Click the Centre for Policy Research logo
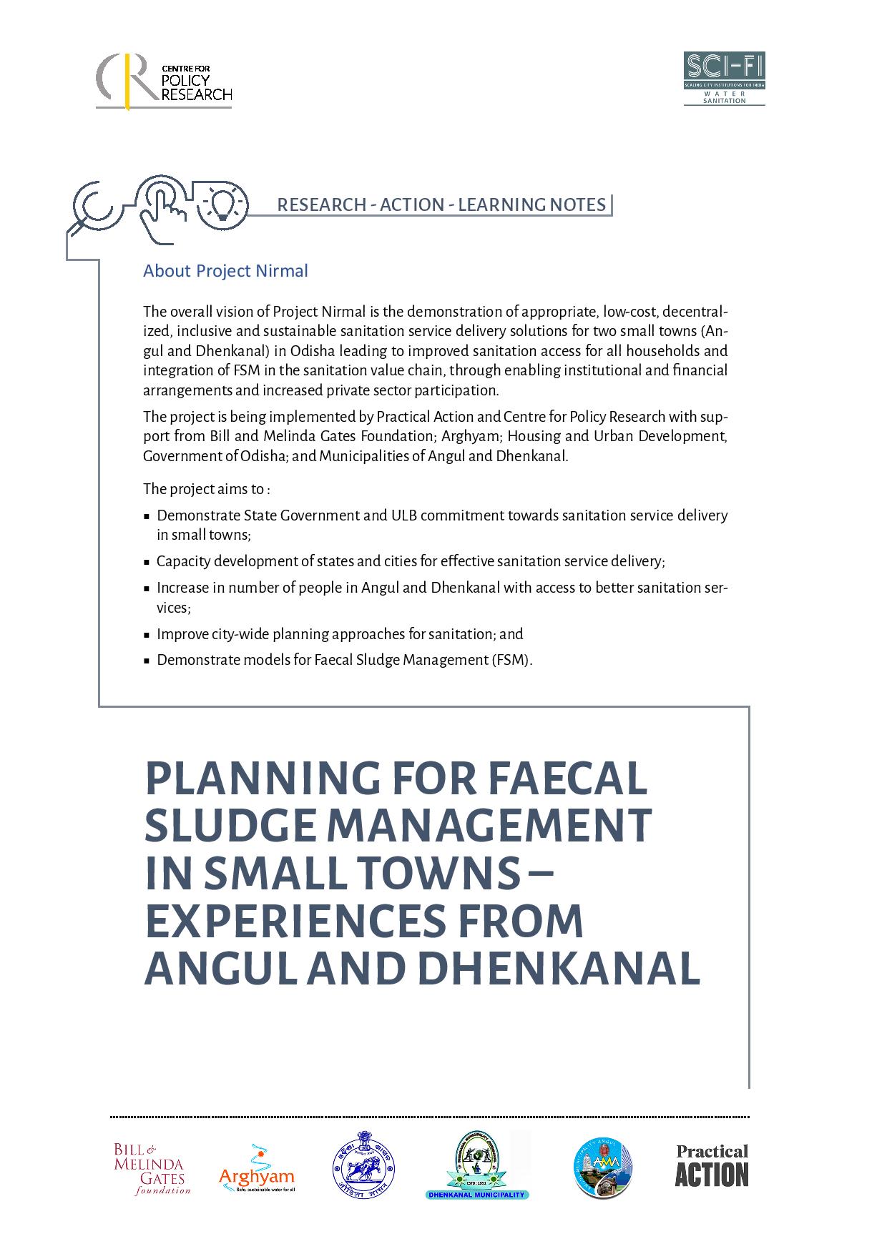click(164, 82)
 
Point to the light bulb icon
click(222, 202)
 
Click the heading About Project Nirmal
click(225, 271)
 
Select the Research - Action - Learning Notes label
click(441, 205)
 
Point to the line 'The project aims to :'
click(206, 489)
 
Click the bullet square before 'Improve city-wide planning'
click(147, 635)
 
